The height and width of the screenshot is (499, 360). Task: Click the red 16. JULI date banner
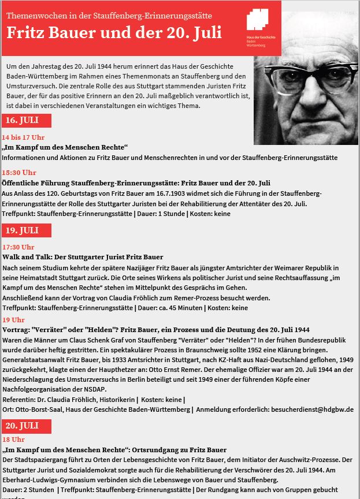pyautogui.click(x=26, y=121)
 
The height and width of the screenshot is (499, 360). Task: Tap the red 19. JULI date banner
pyautogui.click(x=26, y=230)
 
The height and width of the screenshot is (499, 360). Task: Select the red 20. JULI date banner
pyautogui.click(x=26, y=426)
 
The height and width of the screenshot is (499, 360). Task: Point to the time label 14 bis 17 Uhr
pyautogui.click(x=23, y=137)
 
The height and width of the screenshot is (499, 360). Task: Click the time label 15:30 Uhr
pyautogui.click(x=19, y=173)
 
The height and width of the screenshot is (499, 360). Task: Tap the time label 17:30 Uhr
pyautogui.click(x=18, y=247)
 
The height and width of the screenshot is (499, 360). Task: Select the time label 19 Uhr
pyautogui.click(x=14, y=319)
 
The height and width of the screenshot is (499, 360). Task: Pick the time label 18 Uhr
pyautogui.click(x=14, y=440)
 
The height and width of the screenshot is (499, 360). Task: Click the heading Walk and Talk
pyautogui.click(x=83, y=256)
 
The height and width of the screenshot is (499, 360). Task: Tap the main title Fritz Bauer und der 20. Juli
pyautogui.click(x=114, y=32)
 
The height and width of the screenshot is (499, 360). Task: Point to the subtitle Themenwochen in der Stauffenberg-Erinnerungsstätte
pyautogui.click(x=110, y=14)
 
